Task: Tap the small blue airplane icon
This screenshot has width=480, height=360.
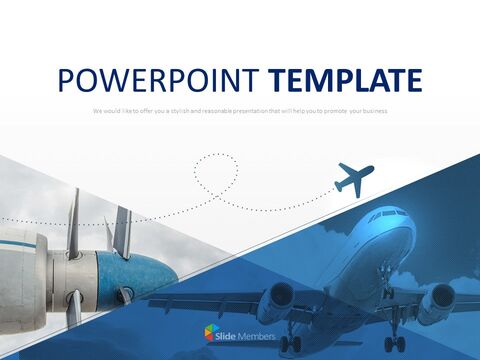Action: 355,178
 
